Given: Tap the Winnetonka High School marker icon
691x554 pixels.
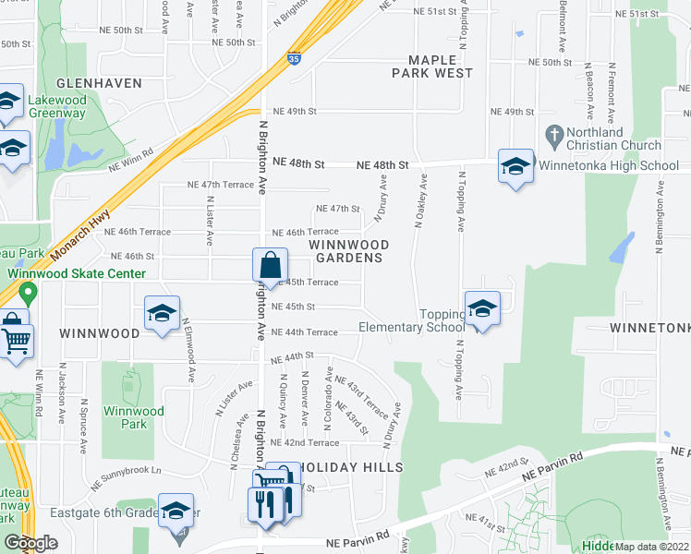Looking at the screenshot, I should (x=515, y=166).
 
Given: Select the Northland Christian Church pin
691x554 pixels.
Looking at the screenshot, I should (x=555, y=135).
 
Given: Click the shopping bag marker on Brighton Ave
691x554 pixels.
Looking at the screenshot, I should (x=268, y=265).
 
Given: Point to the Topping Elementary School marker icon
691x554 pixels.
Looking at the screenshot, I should (x=481, y=308).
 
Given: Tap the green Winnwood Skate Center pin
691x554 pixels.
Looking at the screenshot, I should (x=28, y=295).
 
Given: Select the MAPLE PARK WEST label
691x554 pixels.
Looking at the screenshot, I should (x=433, y=66).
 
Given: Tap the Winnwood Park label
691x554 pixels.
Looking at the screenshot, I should (x=133, y=418).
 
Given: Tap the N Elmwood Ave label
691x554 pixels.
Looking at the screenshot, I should (x=188, y=352).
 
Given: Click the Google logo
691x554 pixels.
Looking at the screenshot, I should (x=30, y=543).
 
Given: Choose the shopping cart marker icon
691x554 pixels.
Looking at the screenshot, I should (x=17, y=341).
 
